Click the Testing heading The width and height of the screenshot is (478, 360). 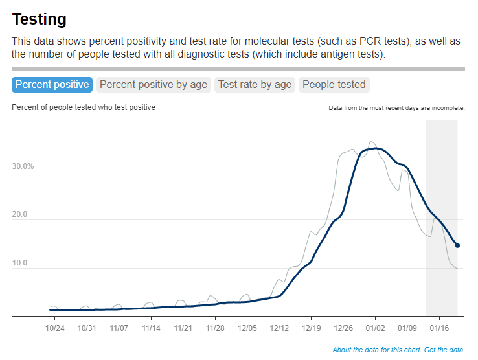coord(39,19)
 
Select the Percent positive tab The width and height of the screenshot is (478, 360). coord(52,84)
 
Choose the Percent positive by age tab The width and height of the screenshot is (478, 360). coord(154,84)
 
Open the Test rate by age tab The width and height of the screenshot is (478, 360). coord(255,84)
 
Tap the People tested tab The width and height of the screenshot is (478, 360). coord(334,84)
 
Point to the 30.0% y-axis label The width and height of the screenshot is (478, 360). coord(23,166)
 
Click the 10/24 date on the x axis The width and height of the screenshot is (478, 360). coord(55,328)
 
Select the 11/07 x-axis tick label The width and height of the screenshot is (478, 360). coord(119,328)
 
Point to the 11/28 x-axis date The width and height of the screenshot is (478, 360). coord(215,328)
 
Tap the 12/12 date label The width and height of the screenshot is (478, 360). coord(279,328)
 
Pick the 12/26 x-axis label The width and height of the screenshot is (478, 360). coord(343,328)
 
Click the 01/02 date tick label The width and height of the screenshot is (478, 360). coord(375,328)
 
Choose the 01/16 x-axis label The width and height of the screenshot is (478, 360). coord(439,328)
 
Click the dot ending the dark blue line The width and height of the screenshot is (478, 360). coord(457,245)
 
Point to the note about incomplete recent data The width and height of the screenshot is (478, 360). coord(396,108)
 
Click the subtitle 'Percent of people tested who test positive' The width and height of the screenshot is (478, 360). coord(84,107)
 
